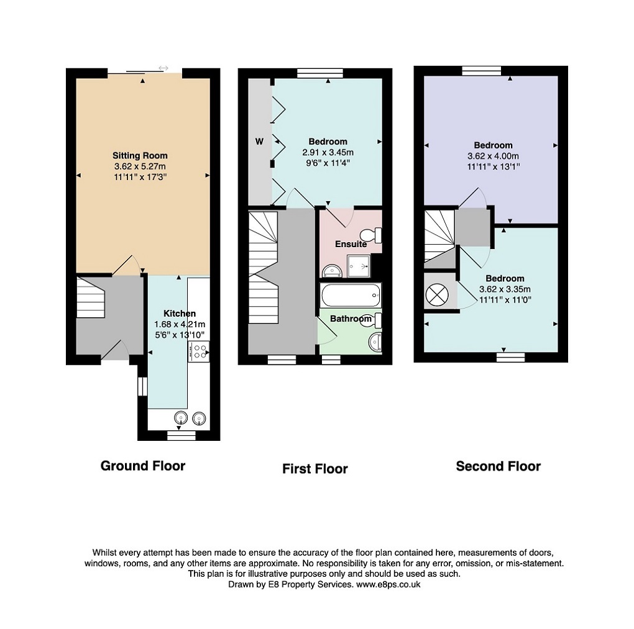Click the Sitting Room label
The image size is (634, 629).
coord(140,155)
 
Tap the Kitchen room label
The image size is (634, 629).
coord(180,314)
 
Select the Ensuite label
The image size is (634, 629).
coord(351,244)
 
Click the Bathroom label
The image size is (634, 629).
coord(351,319)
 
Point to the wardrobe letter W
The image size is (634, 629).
coord(259,142)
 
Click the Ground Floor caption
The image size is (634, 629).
coord(143,466)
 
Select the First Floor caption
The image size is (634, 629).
coord(315,469)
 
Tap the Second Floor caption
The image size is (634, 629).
coord(498,466)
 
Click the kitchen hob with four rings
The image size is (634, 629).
coord(198,351)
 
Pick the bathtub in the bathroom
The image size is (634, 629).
coord(351,295)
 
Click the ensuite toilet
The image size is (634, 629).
coord(371,235)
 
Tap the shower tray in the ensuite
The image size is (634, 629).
coord(359,266)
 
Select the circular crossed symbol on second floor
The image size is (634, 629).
coord(437,294)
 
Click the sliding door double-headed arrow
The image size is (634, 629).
coord(163,68)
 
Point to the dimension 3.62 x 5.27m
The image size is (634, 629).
coord(140,166)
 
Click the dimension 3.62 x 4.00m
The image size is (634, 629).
coord(494,156)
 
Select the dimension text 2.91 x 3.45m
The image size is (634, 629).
coord(328,152)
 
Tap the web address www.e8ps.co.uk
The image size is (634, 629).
coord(388,584)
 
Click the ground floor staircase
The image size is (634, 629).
coord(91,297)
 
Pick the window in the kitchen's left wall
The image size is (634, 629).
coord(142,387)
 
